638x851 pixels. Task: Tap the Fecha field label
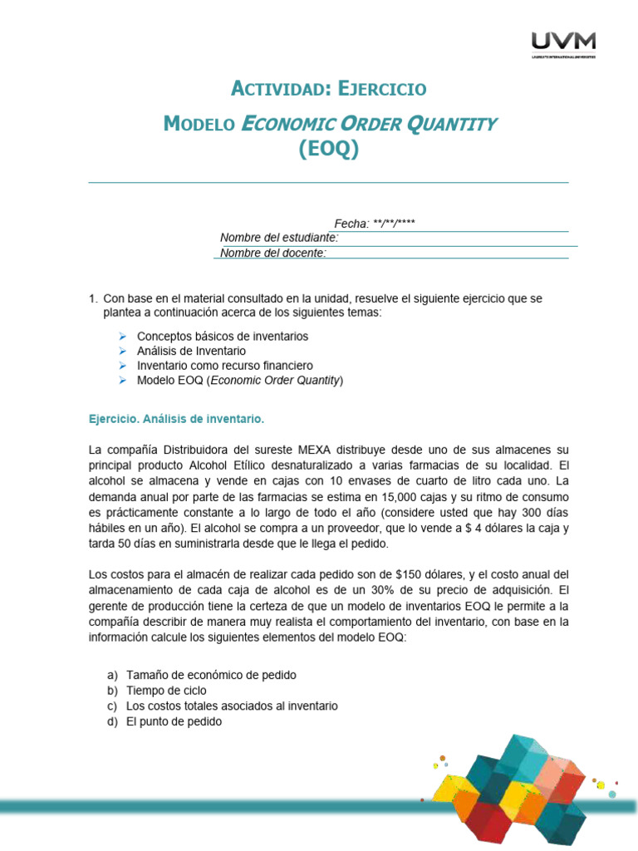[351, 224]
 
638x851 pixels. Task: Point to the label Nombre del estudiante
[279, 238]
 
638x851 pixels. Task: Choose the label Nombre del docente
[273, 253]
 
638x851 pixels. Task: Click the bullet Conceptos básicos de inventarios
[222, 337]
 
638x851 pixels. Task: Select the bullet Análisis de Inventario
[191, 352]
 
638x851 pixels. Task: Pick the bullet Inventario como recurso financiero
[224, 366]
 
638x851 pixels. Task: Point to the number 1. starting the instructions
[93, 298]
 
